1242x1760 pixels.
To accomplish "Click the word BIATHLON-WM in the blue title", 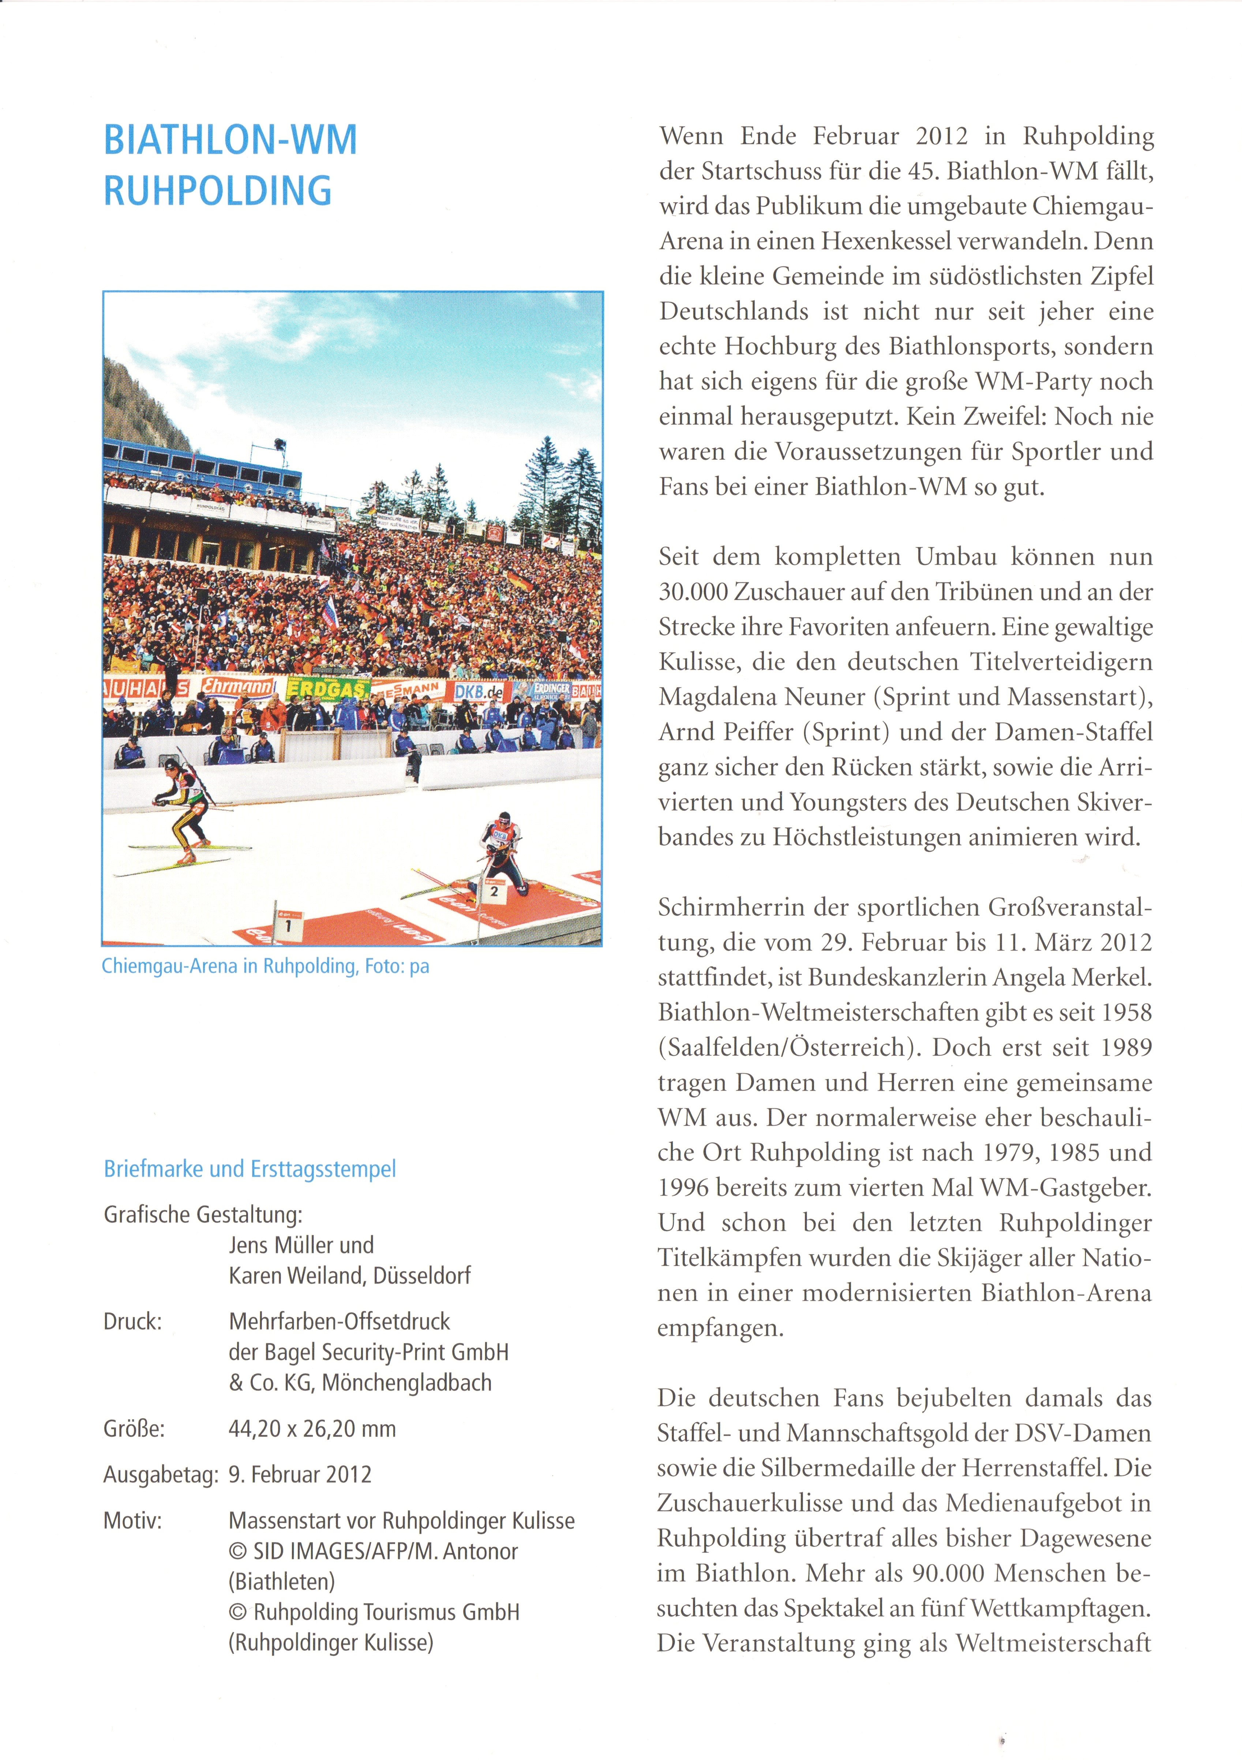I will pyautogui.click(x=230, y=140).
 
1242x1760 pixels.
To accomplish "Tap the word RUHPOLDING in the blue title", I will pyautogui.click(x=218, y=191).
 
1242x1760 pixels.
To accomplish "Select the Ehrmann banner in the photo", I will pyautogui.click(x=238, y=686).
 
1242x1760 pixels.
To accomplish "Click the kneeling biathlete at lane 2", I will pyautogui.click(x=502, y=851).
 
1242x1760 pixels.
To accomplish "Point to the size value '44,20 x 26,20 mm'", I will pyautogui.click(x=312, y=1429).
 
